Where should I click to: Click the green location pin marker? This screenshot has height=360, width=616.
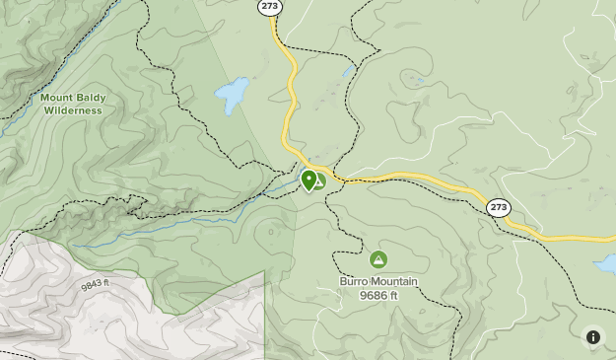click(309, 180)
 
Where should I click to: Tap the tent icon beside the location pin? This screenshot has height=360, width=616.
click(320, 181)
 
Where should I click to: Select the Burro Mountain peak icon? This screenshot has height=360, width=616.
click(377, 259)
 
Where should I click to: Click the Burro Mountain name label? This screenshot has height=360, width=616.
click(378, 282)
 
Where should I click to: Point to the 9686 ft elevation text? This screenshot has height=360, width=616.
click(378, 295)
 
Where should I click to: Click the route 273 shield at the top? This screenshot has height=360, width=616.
click(270, 7)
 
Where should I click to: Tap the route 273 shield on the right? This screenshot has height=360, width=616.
click(499, 207)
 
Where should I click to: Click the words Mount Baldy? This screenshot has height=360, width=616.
click(71, 98)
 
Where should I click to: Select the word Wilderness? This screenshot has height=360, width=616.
click(72, 110)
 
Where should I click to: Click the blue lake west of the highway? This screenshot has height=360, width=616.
click(233, 95)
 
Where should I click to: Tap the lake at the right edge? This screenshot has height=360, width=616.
click(605, 264)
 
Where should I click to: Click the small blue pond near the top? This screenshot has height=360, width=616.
click(348, 71)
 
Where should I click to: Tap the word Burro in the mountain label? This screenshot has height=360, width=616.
click(355, 282)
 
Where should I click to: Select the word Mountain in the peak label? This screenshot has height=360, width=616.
click(394, 282)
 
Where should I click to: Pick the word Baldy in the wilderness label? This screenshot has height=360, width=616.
click(88, 98)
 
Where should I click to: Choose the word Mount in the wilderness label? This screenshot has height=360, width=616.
click(55, 98)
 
